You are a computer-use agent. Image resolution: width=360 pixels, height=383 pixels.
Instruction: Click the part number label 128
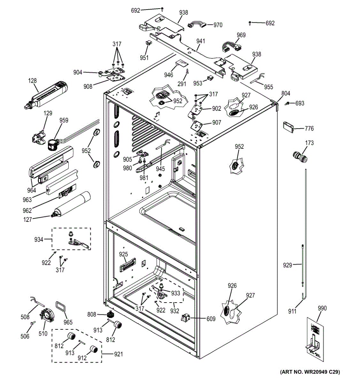point(33,81)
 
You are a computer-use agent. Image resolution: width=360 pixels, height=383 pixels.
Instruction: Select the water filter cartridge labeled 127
point(71,205)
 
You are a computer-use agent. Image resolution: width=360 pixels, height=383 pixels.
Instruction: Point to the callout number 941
point(201,41)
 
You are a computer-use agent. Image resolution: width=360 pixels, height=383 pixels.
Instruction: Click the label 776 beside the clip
point(309,128)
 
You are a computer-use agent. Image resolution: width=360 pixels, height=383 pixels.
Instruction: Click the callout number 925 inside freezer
point(123,254)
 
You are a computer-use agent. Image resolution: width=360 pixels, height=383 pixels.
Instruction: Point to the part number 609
point(211,319)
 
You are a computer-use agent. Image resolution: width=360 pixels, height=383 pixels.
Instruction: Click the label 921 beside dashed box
point(118,354)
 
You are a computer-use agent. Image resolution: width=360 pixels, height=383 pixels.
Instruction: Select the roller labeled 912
point(93,349)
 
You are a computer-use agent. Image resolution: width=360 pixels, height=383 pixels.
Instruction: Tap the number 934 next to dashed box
point(39,239)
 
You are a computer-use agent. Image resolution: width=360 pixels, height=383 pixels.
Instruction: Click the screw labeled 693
point(287,103)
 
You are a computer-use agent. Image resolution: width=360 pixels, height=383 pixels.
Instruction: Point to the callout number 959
point(64,120)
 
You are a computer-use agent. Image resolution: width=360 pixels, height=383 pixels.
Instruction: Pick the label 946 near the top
point(169,75)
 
